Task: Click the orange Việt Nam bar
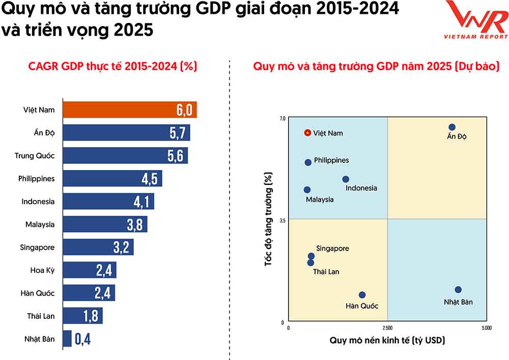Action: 129,110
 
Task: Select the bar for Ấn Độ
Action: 126,133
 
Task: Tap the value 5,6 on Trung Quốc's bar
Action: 176,156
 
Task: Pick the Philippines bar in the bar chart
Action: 112,179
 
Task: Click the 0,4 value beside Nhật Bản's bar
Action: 82,339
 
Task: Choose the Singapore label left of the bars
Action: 37,247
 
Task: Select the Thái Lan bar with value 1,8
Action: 82,316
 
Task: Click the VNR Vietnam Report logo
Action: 476,20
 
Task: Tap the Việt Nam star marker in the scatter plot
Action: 307,133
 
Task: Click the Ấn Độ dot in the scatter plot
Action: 452,127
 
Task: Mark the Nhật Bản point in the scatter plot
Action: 458,290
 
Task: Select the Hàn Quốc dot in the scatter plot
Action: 362,295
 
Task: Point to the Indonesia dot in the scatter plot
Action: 346,179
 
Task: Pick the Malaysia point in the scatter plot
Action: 307,189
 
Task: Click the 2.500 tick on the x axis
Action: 387,328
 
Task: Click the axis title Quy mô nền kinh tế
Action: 387,340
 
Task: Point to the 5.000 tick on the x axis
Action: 486,328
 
